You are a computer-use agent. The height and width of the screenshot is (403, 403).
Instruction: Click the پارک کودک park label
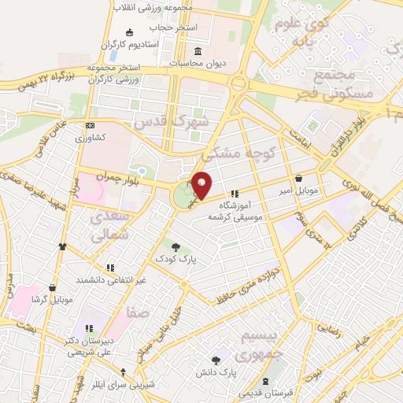pos(176,259)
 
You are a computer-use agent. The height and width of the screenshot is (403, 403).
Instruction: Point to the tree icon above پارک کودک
pos(176,247)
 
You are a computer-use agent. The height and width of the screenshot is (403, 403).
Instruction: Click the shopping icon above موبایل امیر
pos(301,179)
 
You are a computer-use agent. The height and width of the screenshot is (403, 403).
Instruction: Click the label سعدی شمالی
pos(116,224)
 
